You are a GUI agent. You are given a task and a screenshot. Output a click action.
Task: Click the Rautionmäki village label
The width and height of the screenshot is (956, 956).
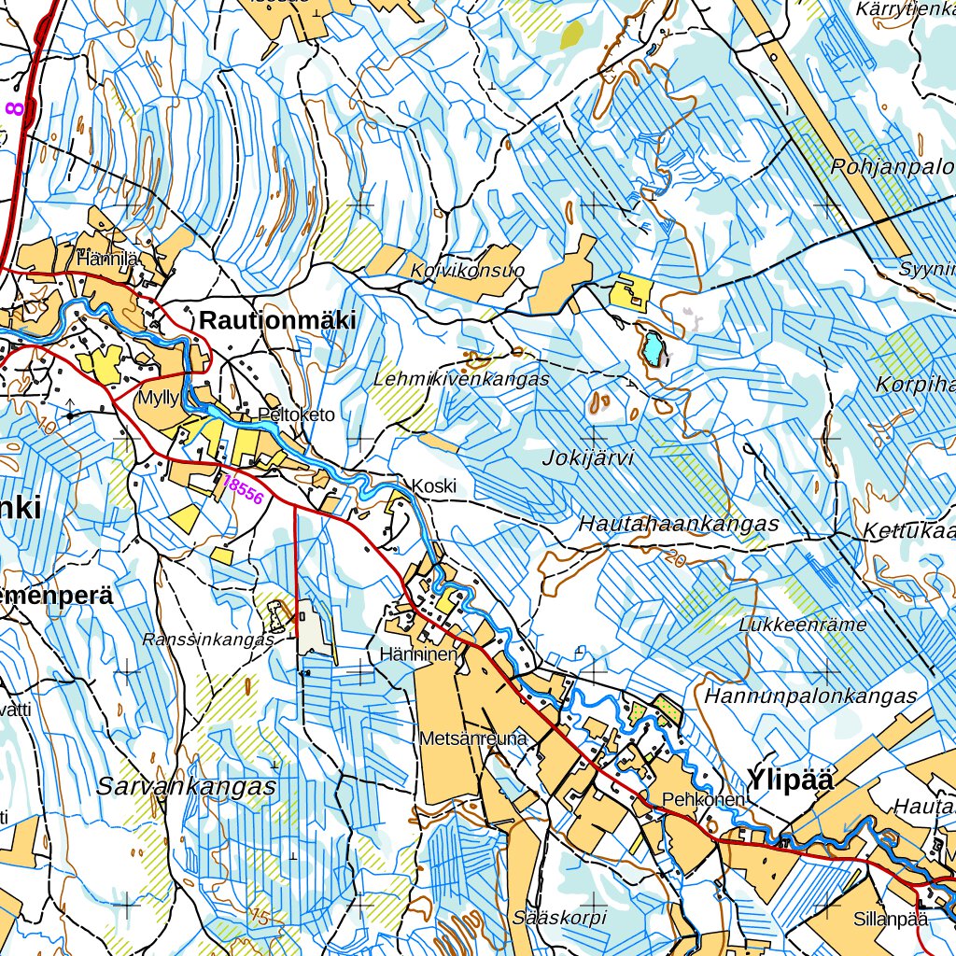pos(277,320)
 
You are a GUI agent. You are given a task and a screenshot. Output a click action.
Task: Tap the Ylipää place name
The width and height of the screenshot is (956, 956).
pos(789,780)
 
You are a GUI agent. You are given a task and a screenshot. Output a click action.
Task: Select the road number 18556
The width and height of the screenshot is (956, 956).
pos(244,489)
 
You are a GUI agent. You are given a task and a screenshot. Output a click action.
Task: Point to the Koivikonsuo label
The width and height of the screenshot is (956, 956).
pos(468,271)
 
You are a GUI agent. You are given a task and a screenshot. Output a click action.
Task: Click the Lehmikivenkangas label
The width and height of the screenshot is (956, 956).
pos(461,380)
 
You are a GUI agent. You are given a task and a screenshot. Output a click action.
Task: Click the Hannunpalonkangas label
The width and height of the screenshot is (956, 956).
pos(811,696)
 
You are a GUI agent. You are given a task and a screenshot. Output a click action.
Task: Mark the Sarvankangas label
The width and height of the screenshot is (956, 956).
pos(187,786)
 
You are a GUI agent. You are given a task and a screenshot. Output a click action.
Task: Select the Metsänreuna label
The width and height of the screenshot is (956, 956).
pos(474,738)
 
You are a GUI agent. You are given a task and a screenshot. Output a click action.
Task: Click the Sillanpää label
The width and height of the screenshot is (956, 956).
pos(890,919)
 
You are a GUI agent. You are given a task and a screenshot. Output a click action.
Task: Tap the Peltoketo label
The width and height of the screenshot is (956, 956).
pos(296,415)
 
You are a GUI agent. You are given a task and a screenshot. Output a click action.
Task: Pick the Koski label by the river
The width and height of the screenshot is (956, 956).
pos(434,486)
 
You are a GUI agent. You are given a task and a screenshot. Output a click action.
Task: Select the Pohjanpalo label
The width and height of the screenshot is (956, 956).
pos(892,168)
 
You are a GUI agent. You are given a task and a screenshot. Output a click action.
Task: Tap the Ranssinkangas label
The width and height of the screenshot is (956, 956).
pos(207,640)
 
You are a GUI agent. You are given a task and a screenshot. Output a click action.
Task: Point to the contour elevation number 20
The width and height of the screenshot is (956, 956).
pos(678,557)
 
